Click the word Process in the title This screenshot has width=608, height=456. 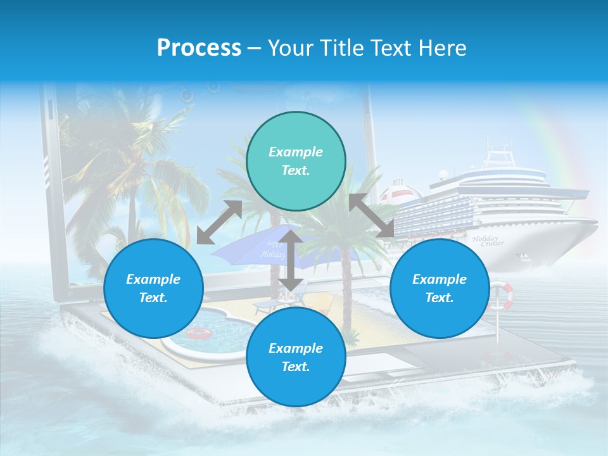199,48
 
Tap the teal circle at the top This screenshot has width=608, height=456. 296,161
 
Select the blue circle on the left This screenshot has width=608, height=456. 153,288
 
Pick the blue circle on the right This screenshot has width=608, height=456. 440,288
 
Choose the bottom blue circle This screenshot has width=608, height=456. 296,357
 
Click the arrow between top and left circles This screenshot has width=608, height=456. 219,222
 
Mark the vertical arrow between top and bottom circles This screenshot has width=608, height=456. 291,260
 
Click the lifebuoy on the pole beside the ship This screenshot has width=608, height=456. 500,296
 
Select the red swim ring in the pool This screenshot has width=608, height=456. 198,333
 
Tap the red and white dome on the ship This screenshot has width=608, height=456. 396,190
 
